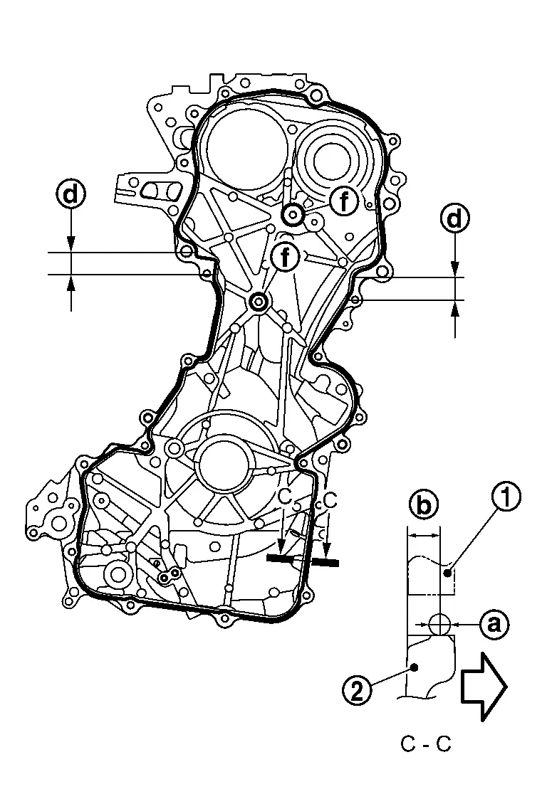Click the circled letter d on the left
pyautogui.click(x=71, y=194)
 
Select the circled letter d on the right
pyautogui.click(x=454, y=218)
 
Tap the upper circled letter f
pyautogui.click(x=345, y=201)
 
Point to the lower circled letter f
pyautogui.click(x=285, y=257)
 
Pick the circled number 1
pyautogui.click(x=506, y=499)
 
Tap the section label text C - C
pyautogui.click(x=426, y=744)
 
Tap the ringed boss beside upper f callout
pyautogui.click(x=293, y=213)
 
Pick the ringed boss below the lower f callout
pyautogui.click(x=259, y=303)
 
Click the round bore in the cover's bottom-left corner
pyautogui.click(x=118, y=573)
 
